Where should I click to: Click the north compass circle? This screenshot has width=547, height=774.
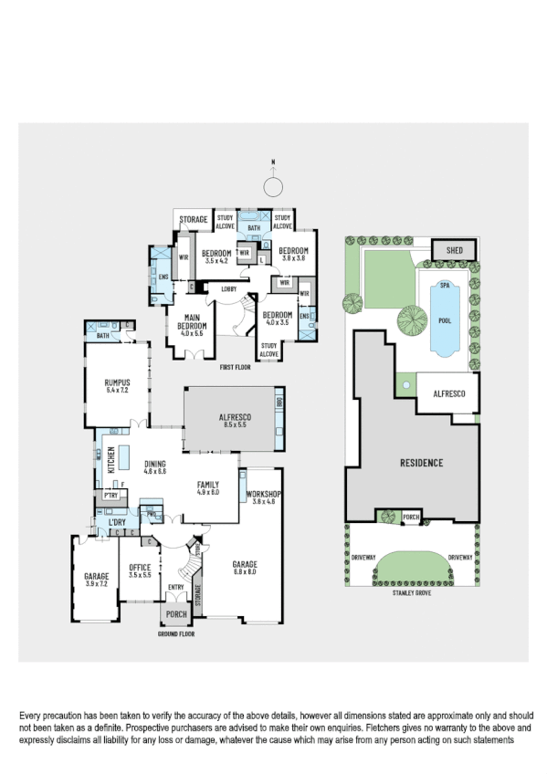(272, 187)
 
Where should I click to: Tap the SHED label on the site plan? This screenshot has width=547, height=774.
(454, 249)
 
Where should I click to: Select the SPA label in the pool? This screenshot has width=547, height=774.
(445, 286)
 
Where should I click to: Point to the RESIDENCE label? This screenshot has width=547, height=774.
(421, 463)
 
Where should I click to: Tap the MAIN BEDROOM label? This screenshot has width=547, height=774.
(192, 326)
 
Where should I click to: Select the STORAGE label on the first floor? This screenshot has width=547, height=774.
(194, 220)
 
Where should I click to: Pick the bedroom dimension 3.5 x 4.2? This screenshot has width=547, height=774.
(216, 261)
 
